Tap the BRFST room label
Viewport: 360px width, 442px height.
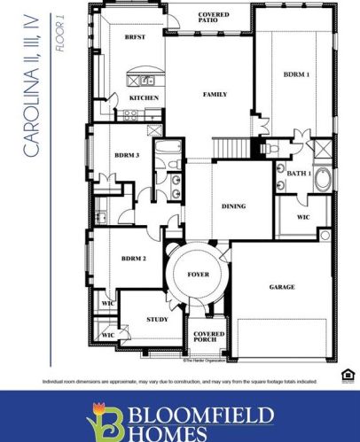(135, 38)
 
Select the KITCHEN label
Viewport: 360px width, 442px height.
(143, 97)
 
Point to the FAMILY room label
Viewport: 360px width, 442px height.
(215, 93)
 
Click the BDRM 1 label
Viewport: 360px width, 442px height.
(296, 74)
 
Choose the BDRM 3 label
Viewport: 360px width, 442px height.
(127, 155)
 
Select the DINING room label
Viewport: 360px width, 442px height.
(234, 206)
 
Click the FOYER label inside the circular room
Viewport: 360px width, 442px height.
(199, 275)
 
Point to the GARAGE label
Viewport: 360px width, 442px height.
(282, 287)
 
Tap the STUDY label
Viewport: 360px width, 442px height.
(158, 319)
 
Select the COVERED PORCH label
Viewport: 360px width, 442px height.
(209, 338)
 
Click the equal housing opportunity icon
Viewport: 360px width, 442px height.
(347, 376)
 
